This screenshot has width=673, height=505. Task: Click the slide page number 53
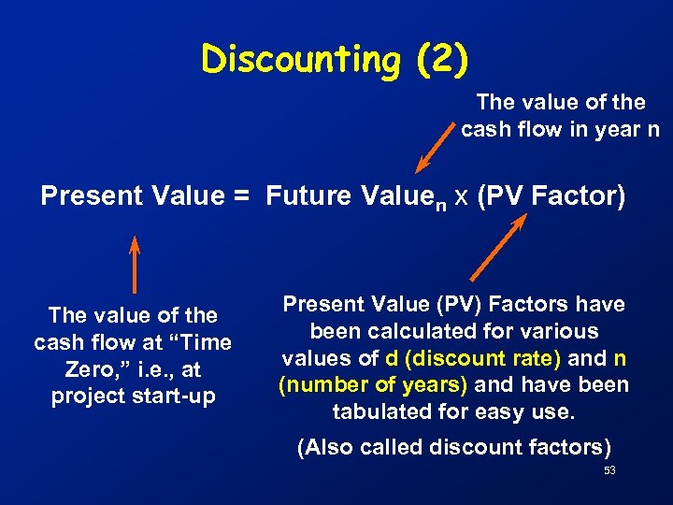coord(609,471)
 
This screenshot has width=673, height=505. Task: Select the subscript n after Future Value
coord(437,204)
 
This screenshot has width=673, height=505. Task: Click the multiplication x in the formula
coord(461,198)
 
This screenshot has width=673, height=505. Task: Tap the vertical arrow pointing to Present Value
coord(135,266)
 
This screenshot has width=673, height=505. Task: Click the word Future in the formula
coord(303,197)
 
